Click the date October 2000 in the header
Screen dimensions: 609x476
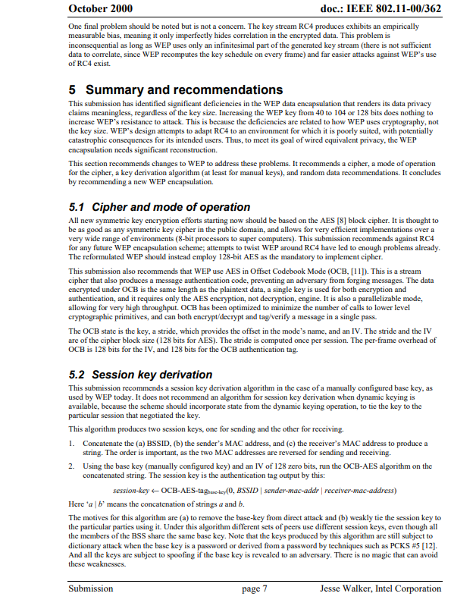[x=100, y=8]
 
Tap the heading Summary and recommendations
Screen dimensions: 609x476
[x=184, y=89]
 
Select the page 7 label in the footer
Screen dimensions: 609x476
[x=254, y=589]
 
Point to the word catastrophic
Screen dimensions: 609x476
[x=90, y=151]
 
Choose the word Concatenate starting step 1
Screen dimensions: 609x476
[x=105, y=443]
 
